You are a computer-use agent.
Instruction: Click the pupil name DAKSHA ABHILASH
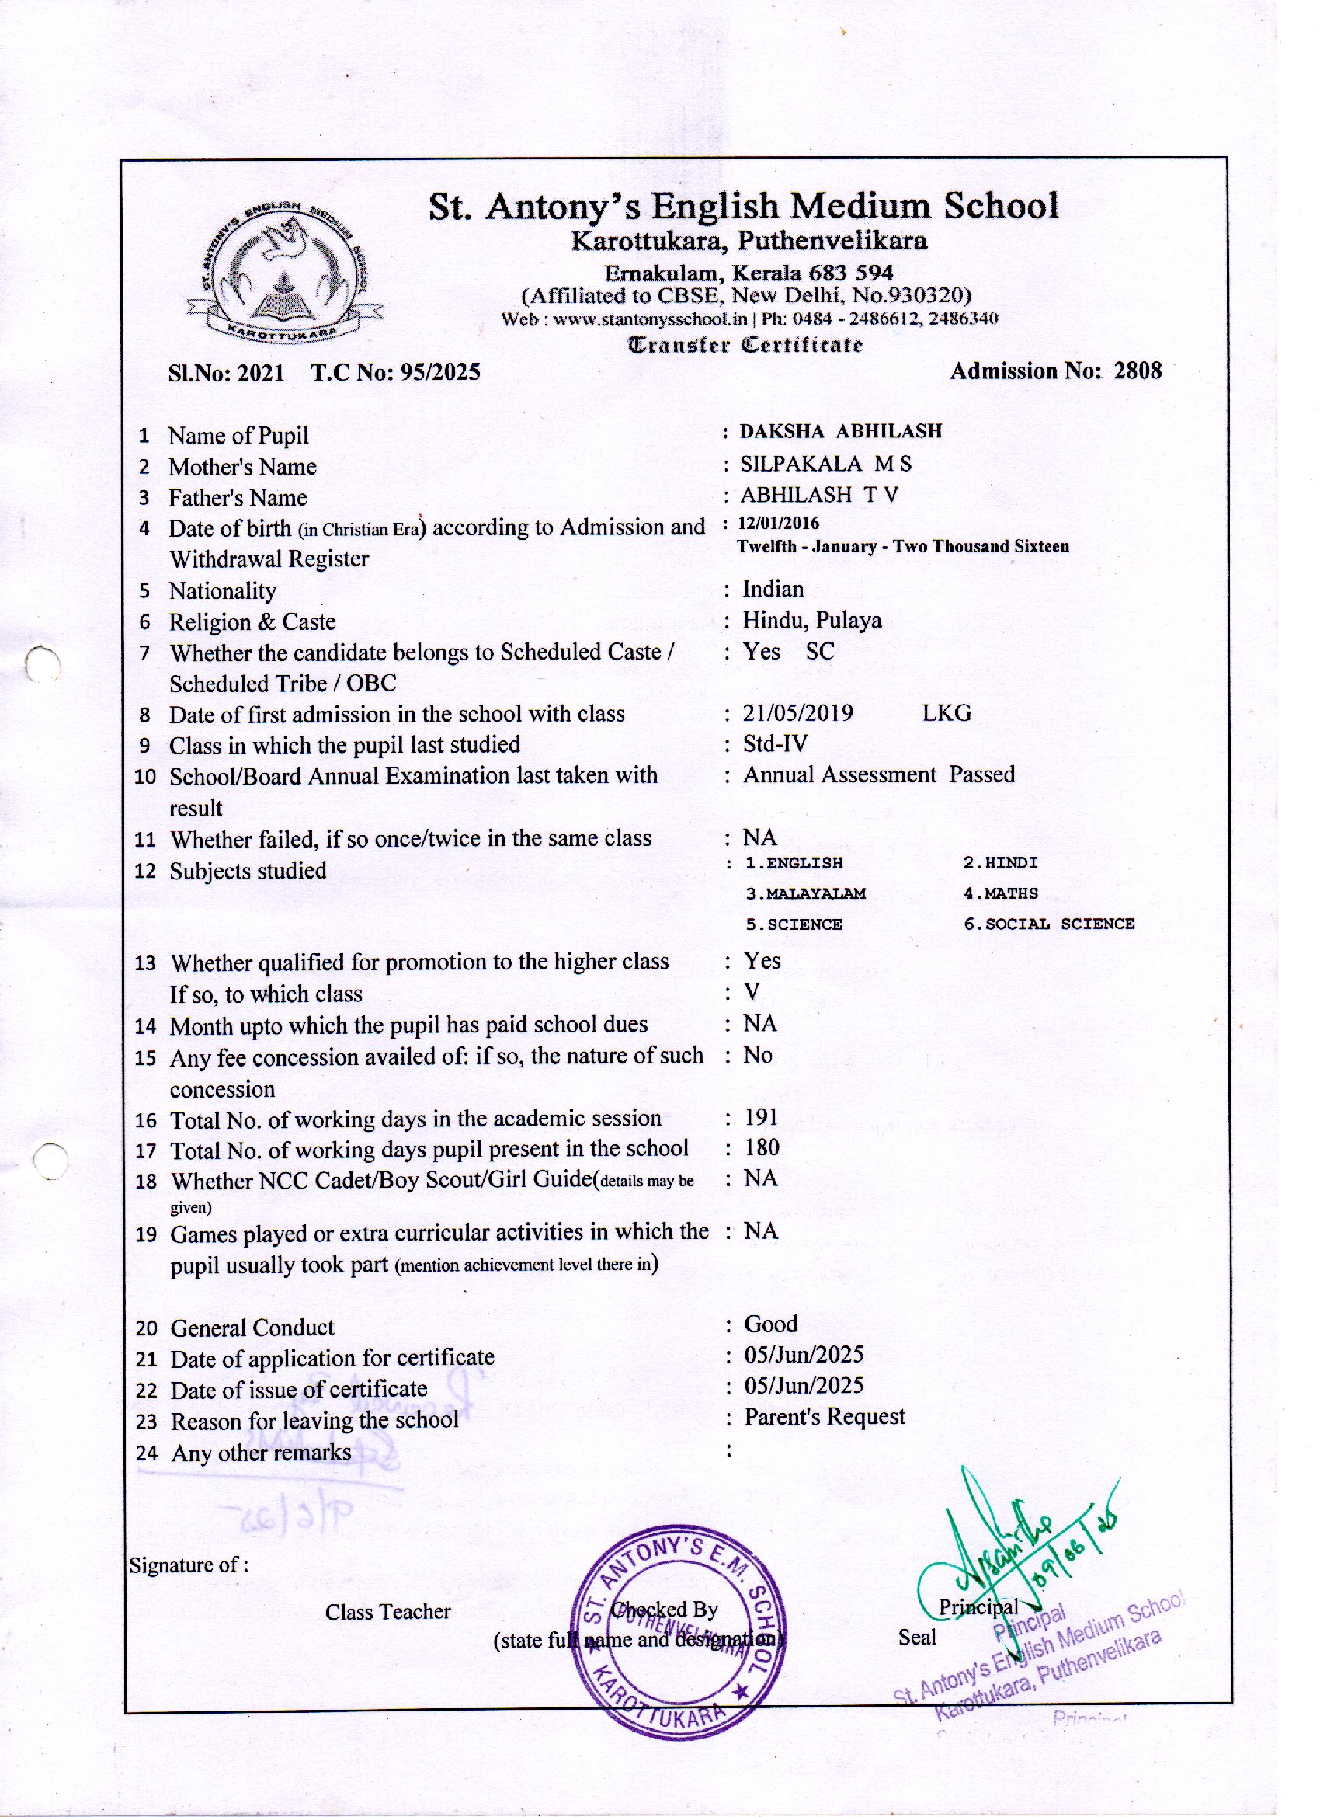[x=840, y=431]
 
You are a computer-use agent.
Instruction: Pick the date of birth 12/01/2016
[x=779, y=524]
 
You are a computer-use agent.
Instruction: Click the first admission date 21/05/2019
[x=797, y=713]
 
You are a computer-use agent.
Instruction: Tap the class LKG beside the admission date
[x=946, y=713]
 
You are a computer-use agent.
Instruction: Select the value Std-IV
[x=775, y=743]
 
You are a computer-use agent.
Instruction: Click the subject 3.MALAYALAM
[x=805, y=893]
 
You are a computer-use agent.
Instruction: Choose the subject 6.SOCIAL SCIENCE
[x=1048, y=924]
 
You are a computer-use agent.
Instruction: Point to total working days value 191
[x=761, y=1117]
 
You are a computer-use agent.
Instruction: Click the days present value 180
[x=761, y=1148]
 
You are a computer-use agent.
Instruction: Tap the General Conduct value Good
[x=770, y=1324]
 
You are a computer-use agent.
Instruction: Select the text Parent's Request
[x=824, y=1417]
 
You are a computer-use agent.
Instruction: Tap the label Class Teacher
[x=387, y=1612]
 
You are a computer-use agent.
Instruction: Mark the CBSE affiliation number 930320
[x=931, y=296]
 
